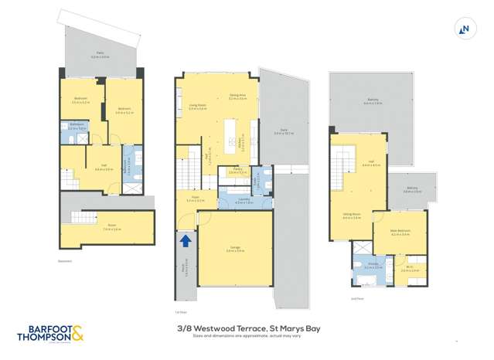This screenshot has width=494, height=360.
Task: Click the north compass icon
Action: click(x=465, y=30)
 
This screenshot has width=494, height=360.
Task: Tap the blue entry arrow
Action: click(x=186, y=241)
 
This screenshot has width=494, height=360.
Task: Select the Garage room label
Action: click(x=234, y=249)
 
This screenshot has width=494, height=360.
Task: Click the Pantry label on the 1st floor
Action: click(x=232, y=172)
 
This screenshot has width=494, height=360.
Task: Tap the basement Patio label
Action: click(x=101, y=56)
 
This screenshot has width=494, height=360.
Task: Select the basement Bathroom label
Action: click(x=76, y=127)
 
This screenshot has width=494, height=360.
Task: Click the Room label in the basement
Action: click(x=106, y=228)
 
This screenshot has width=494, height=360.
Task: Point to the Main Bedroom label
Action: click(x=400, y=233)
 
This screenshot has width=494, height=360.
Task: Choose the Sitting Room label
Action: click(x=352, y=216)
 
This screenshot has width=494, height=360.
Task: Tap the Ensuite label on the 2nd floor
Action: click(x=369, y=267)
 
